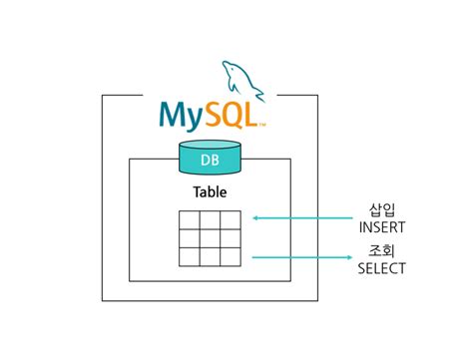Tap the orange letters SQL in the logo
[x=232, y=114]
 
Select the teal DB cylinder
[x=210, y=159]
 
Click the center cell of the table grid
[x=210, y=238]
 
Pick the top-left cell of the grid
[x=190, y=220]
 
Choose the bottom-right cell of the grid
[x=230, y=257]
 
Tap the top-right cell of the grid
[x=230, y=220]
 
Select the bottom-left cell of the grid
[x=190, y=257]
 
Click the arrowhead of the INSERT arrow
[x=255, y=216]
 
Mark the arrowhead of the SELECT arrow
[x=341, y=258]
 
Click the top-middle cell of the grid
[x=210, y=220]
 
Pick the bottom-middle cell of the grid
[x=210, y=257]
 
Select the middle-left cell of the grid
[x=190, y=238]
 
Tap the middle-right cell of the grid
[x=230, y=238]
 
